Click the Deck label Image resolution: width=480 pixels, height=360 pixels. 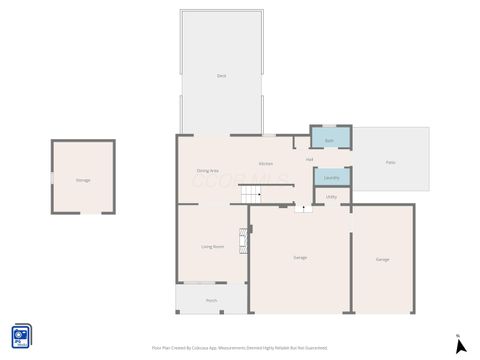point(220,76)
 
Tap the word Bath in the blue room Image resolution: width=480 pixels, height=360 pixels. point(331,141)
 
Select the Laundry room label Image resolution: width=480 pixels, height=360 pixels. point(332,178)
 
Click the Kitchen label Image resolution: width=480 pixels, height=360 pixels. point(266,163)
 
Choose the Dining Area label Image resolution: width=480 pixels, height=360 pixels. point(208,171)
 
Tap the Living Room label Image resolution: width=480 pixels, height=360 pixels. point(212,246)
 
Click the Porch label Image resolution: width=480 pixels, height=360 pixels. point(211,300)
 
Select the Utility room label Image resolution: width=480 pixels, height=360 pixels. point(331,197)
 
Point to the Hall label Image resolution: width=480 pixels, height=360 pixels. point(310,158)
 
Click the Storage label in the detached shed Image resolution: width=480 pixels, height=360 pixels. point(82,180)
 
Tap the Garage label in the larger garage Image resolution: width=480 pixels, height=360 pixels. point(300,258)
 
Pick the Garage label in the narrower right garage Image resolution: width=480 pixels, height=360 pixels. point(382,259)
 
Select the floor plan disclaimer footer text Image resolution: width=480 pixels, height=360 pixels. point(240,347)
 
